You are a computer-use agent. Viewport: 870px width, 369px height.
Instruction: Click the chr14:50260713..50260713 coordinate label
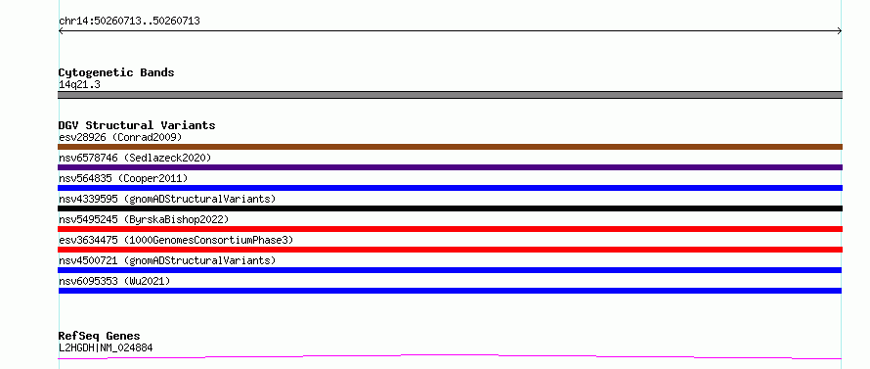129,22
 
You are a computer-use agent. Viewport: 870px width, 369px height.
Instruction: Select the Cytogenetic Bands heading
116,72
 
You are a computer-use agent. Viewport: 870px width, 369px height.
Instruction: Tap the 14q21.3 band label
79,85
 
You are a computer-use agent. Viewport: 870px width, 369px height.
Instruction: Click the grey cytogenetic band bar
450,95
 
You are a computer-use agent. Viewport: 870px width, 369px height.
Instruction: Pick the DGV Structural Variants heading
137,125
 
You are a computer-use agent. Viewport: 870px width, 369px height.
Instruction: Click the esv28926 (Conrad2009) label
120,137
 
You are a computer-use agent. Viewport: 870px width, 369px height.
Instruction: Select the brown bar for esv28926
450,147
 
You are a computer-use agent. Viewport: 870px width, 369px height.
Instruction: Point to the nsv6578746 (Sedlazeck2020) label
135,158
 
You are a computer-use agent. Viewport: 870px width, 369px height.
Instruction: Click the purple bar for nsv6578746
450,167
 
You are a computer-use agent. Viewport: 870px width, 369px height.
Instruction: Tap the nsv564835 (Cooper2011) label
123,178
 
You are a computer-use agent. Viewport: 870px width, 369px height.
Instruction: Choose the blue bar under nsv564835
450,188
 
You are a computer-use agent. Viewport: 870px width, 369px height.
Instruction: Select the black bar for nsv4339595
450,208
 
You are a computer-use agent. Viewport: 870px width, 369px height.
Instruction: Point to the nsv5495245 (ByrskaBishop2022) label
144,219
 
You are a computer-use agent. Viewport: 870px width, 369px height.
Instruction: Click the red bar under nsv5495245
450,229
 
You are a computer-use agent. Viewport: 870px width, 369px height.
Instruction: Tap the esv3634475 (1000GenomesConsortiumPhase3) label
176,240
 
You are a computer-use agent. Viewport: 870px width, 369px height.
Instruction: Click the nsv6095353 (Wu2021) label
114,281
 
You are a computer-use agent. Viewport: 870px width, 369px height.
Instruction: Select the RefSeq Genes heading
100,337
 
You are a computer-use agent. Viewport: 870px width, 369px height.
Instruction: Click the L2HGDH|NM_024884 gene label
106,348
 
